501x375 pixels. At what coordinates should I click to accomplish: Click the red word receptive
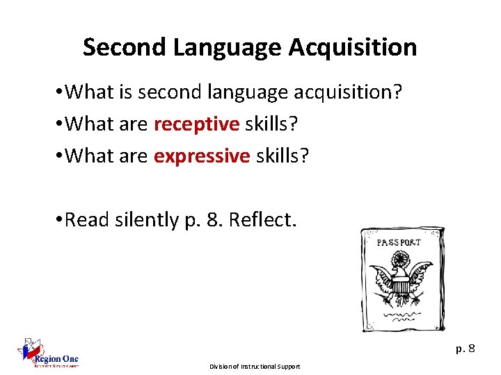coord(196,124)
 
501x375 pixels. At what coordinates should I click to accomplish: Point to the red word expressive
coord(201,156)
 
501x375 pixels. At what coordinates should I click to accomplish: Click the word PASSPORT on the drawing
coord(399,242)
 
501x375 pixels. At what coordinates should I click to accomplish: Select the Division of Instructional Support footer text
coord(254,366)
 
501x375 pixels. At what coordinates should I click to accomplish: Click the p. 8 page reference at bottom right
coord(466,349)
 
